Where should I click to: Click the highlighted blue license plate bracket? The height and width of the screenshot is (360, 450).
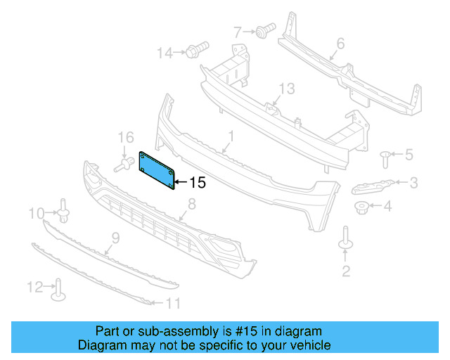[157, 169]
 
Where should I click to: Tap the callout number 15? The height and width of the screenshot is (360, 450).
[198, 183]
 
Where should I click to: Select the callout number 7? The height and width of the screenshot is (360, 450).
[238, 31]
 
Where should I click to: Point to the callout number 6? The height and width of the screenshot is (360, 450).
[340, 44]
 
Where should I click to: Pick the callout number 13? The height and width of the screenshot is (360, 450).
[287, 89]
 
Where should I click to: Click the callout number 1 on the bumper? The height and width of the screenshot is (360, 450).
[230, 134]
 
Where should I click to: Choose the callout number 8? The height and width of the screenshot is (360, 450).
[191, 205]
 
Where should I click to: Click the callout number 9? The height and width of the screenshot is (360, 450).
[116, 238]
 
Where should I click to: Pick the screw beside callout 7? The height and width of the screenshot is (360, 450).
[264, 30]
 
